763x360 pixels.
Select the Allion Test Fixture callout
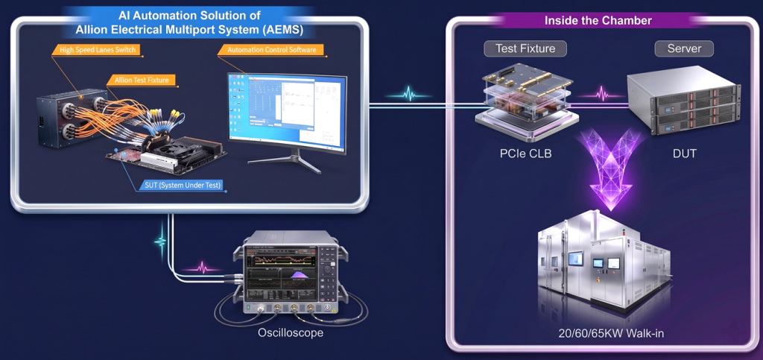(x=142, y=79)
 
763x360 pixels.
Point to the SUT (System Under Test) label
(x=183, y=185)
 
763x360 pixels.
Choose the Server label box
(x=683, y=49)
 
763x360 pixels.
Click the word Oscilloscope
(x=291, y=333)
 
